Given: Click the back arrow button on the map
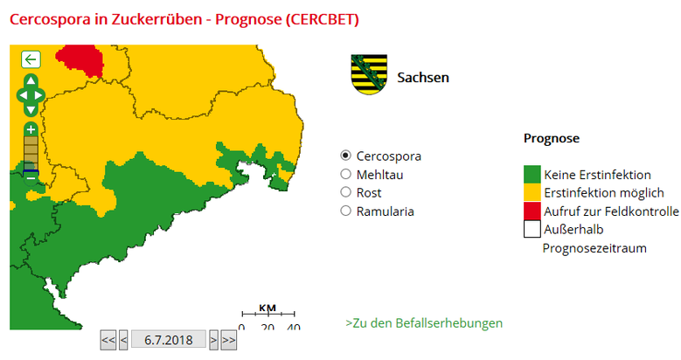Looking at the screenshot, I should [x=31, y=59].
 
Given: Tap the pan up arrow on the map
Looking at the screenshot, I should [x=31, y=80].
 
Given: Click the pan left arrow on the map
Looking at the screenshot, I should [x=21, y=94].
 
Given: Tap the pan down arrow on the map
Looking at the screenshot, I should [x=31, y=109].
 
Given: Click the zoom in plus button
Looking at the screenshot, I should [x=31, y=128].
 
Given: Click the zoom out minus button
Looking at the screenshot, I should [x=31, y=175].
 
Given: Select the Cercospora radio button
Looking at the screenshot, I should [x=345, y=156].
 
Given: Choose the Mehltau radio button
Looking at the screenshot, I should [x=345, y=174].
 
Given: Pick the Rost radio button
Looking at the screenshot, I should [x=345, y=192].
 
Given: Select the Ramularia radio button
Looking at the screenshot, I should [x=345, y=211].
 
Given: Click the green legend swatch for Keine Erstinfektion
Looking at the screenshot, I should [x=532, y=174].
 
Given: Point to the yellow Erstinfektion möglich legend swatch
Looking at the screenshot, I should [x=532, y=192].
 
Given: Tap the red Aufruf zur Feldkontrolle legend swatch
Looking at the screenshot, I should [x=532, y=211].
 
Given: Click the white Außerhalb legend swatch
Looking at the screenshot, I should [x=532, y=229].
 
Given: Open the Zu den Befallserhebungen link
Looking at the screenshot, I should [x=424, y=323].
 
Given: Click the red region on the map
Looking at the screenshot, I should [x=80, y=59].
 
